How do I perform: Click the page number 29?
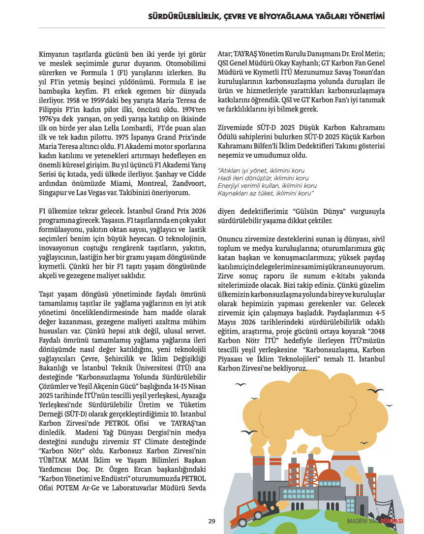[x=212, y=522]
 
